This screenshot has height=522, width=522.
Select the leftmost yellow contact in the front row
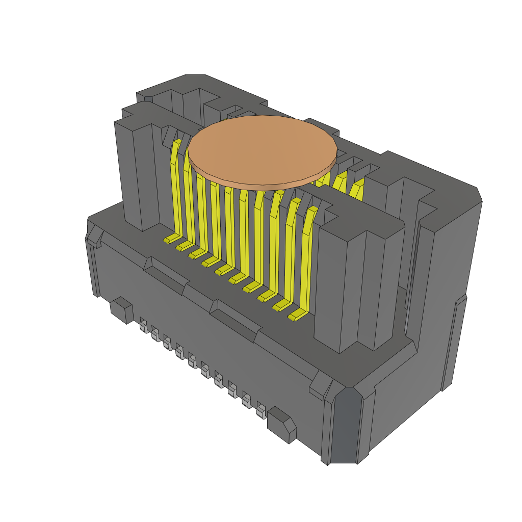coord(176,189)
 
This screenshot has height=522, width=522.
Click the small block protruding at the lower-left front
coord(122,309)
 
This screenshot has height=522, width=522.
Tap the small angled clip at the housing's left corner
coord(94,237)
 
